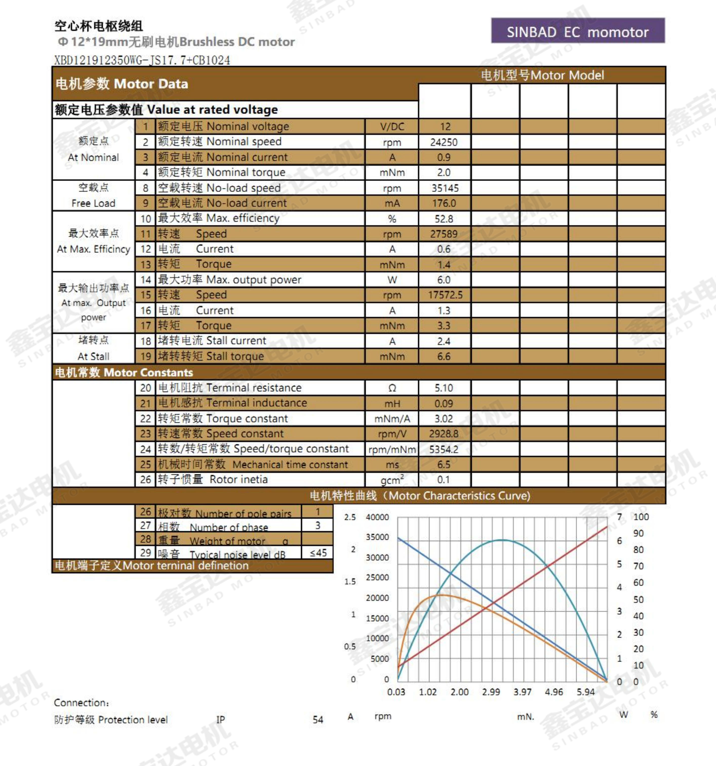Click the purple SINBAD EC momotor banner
point(578,31)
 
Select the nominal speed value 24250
point(444,142)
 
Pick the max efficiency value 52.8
point(444,219)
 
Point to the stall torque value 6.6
point(444,356)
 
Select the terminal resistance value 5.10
point(444,388)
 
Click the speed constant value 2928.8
point(444,434)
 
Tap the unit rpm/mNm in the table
point(392,449)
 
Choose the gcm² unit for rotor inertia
point(392,480)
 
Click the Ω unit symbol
point(392,388)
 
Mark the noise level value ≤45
point(318,553)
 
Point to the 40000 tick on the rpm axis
point(377,517)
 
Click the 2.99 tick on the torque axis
point(491,692)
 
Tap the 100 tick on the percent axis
point(641,517)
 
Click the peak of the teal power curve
point(502,540)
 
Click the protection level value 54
point(318,720)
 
